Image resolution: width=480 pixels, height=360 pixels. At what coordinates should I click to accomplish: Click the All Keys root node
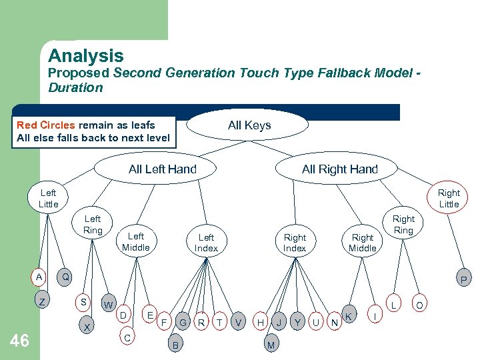click(249, 125)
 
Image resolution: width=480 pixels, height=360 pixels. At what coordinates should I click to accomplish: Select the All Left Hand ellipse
click(162, 169)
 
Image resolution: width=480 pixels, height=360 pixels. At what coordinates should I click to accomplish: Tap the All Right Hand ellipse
click(339, 169)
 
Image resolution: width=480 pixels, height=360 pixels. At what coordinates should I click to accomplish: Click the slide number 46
click(20, 341)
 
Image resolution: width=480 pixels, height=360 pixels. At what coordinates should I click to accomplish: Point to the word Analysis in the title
click(85, 56)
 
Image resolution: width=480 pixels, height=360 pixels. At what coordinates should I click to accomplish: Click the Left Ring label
click(93, 225)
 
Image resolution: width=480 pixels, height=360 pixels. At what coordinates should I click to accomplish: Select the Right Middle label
click(363, 243)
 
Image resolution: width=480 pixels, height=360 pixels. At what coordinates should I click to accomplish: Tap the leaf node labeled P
click(463, 279)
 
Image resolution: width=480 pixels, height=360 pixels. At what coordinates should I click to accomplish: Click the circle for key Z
click(42, 302)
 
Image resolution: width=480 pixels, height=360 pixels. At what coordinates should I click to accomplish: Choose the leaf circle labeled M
click(271, 345)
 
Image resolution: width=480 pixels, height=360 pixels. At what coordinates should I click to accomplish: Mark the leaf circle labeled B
click(175, 345)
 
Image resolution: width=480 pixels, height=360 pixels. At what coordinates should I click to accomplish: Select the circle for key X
click(87, 328)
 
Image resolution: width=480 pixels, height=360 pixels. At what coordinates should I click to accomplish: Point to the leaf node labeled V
click(238, 323)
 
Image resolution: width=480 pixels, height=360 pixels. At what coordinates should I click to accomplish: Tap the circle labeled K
click(349, 314)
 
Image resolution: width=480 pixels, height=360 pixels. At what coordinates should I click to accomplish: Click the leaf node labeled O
click(419, 306)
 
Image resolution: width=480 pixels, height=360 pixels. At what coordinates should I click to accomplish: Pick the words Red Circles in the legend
click(46, 125)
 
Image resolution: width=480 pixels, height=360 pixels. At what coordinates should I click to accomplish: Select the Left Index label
click(206, 243)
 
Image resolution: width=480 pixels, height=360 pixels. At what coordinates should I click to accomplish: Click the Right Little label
click(449, 199)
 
